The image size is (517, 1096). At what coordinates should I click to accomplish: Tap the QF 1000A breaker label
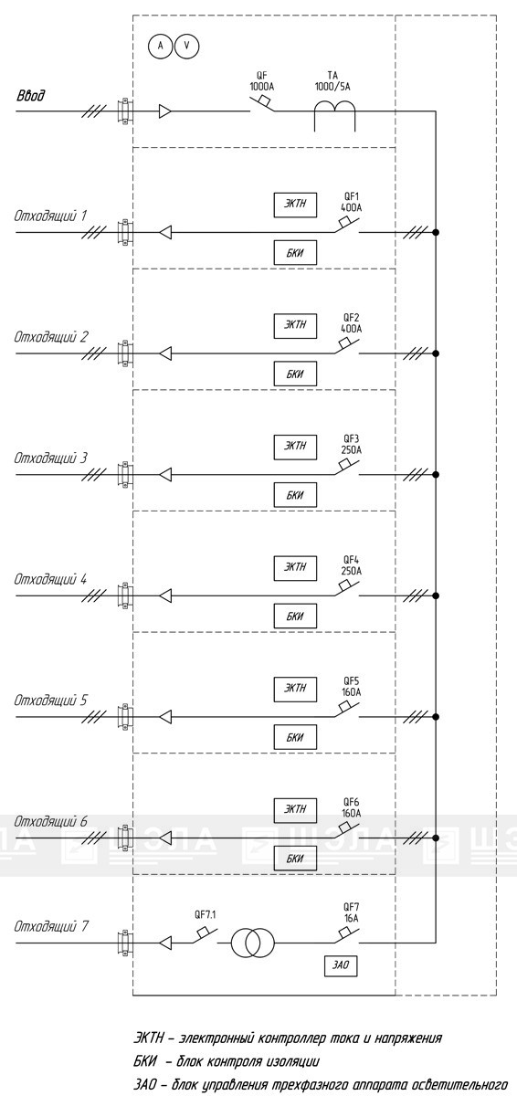(x=261, y=81)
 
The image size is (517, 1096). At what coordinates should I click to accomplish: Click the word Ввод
(x=30, y=95)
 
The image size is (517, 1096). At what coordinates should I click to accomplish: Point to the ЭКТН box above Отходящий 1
(x=295, y=204)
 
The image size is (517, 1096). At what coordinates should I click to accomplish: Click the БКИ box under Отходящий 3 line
(x=295, y=495)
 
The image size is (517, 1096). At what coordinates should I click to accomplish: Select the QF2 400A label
(x=351, y=323)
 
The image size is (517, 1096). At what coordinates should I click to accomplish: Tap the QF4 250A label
(x=351, y=565)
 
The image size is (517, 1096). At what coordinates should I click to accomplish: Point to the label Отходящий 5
(x=50, y=701)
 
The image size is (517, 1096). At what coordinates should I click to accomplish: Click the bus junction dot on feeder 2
(x=436, y=353)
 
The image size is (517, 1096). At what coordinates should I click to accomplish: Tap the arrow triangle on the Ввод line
(x=164, y=111)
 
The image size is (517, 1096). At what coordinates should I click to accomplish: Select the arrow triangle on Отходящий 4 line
(x=165, y=595)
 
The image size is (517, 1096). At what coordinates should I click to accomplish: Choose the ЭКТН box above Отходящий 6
(x=295, y=809)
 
